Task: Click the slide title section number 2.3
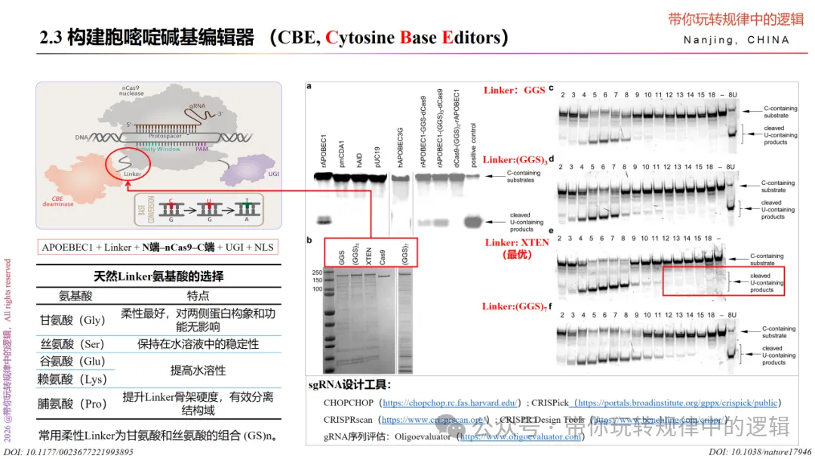click(51, 38)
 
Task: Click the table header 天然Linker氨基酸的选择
click(158, 276)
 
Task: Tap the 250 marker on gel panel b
click(318, 273)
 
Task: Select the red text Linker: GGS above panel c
click(514, 91)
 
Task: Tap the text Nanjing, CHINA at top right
click(737, 40)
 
